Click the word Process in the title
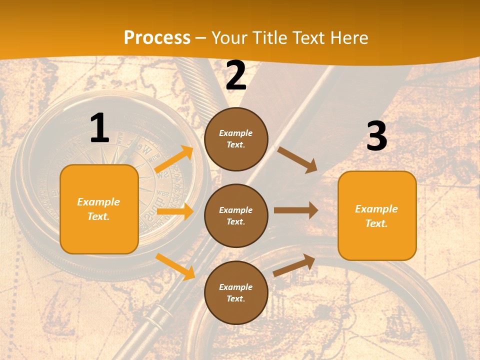tap(157, 38)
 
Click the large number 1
tap(99, 128)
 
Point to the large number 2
tap(236, 75)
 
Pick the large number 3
tap(376, 136)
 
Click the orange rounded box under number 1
tap(99, 209)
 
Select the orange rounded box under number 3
tap(377, 215)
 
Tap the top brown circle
tap(236, 139)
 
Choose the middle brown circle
tap(236, 215)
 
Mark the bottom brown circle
tap(236, 292)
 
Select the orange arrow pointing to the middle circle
tap(174, 211)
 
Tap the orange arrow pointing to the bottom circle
tap(175, 266)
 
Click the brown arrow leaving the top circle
tap(297, 159)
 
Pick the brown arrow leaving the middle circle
tap(296, 210)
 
